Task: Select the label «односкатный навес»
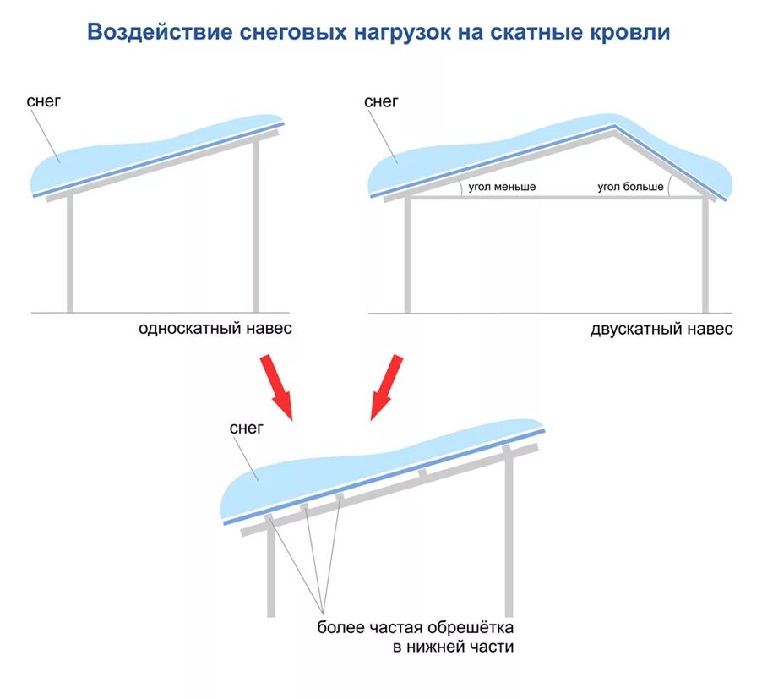click(215, 329)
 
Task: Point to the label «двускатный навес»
click(661, 330)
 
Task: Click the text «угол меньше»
click(503, 186)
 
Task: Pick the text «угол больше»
click(630, 186)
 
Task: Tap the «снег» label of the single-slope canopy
click(44, 101)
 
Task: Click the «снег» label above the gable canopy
click(381, 101)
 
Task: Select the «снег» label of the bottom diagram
click(247, 429)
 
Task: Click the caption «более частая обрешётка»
click(416, 628)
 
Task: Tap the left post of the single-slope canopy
click(70, 254)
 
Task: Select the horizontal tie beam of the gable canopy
click(558, 198)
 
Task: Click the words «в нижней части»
click(453, 647)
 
